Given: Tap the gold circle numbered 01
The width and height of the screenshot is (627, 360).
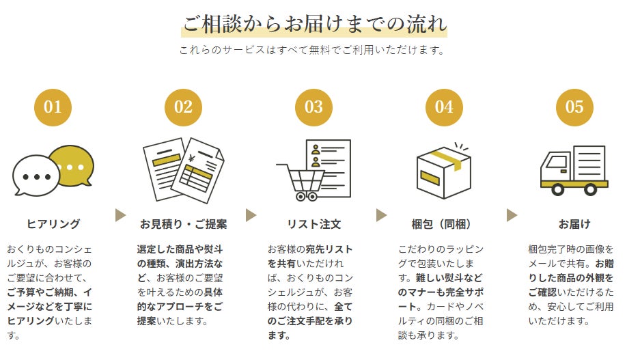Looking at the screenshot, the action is click(x=53, y=107).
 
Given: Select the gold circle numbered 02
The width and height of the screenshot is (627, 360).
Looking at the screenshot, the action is click(x=183, y=107).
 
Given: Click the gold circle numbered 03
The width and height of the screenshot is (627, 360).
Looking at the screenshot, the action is click(x=313, y=107).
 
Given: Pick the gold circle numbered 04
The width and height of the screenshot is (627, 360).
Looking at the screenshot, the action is click(x=444, y=107).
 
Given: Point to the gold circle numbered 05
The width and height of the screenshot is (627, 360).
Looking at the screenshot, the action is click(x=574, y=107).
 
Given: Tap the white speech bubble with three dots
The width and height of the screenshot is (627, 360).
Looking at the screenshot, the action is click(x=36, y=176).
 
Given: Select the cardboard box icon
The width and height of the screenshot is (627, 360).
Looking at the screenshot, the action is click(x=443, y=172).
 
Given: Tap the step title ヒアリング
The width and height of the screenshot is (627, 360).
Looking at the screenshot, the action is click(x=53, y=224).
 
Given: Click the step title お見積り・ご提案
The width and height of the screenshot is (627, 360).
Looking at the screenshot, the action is click(x=183, y=224).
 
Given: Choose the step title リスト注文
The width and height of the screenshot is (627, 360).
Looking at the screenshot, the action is click(x=313, y=224).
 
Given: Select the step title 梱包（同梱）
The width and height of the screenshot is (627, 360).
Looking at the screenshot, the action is click(x=444, y=224).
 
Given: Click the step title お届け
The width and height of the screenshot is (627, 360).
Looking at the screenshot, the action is click(x=574, y=224).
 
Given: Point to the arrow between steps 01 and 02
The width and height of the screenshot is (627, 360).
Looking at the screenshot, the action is click(x=121, y=215).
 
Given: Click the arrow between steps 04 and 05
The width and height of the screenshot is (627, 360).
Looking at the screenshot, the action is click(x=512, y=215).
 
